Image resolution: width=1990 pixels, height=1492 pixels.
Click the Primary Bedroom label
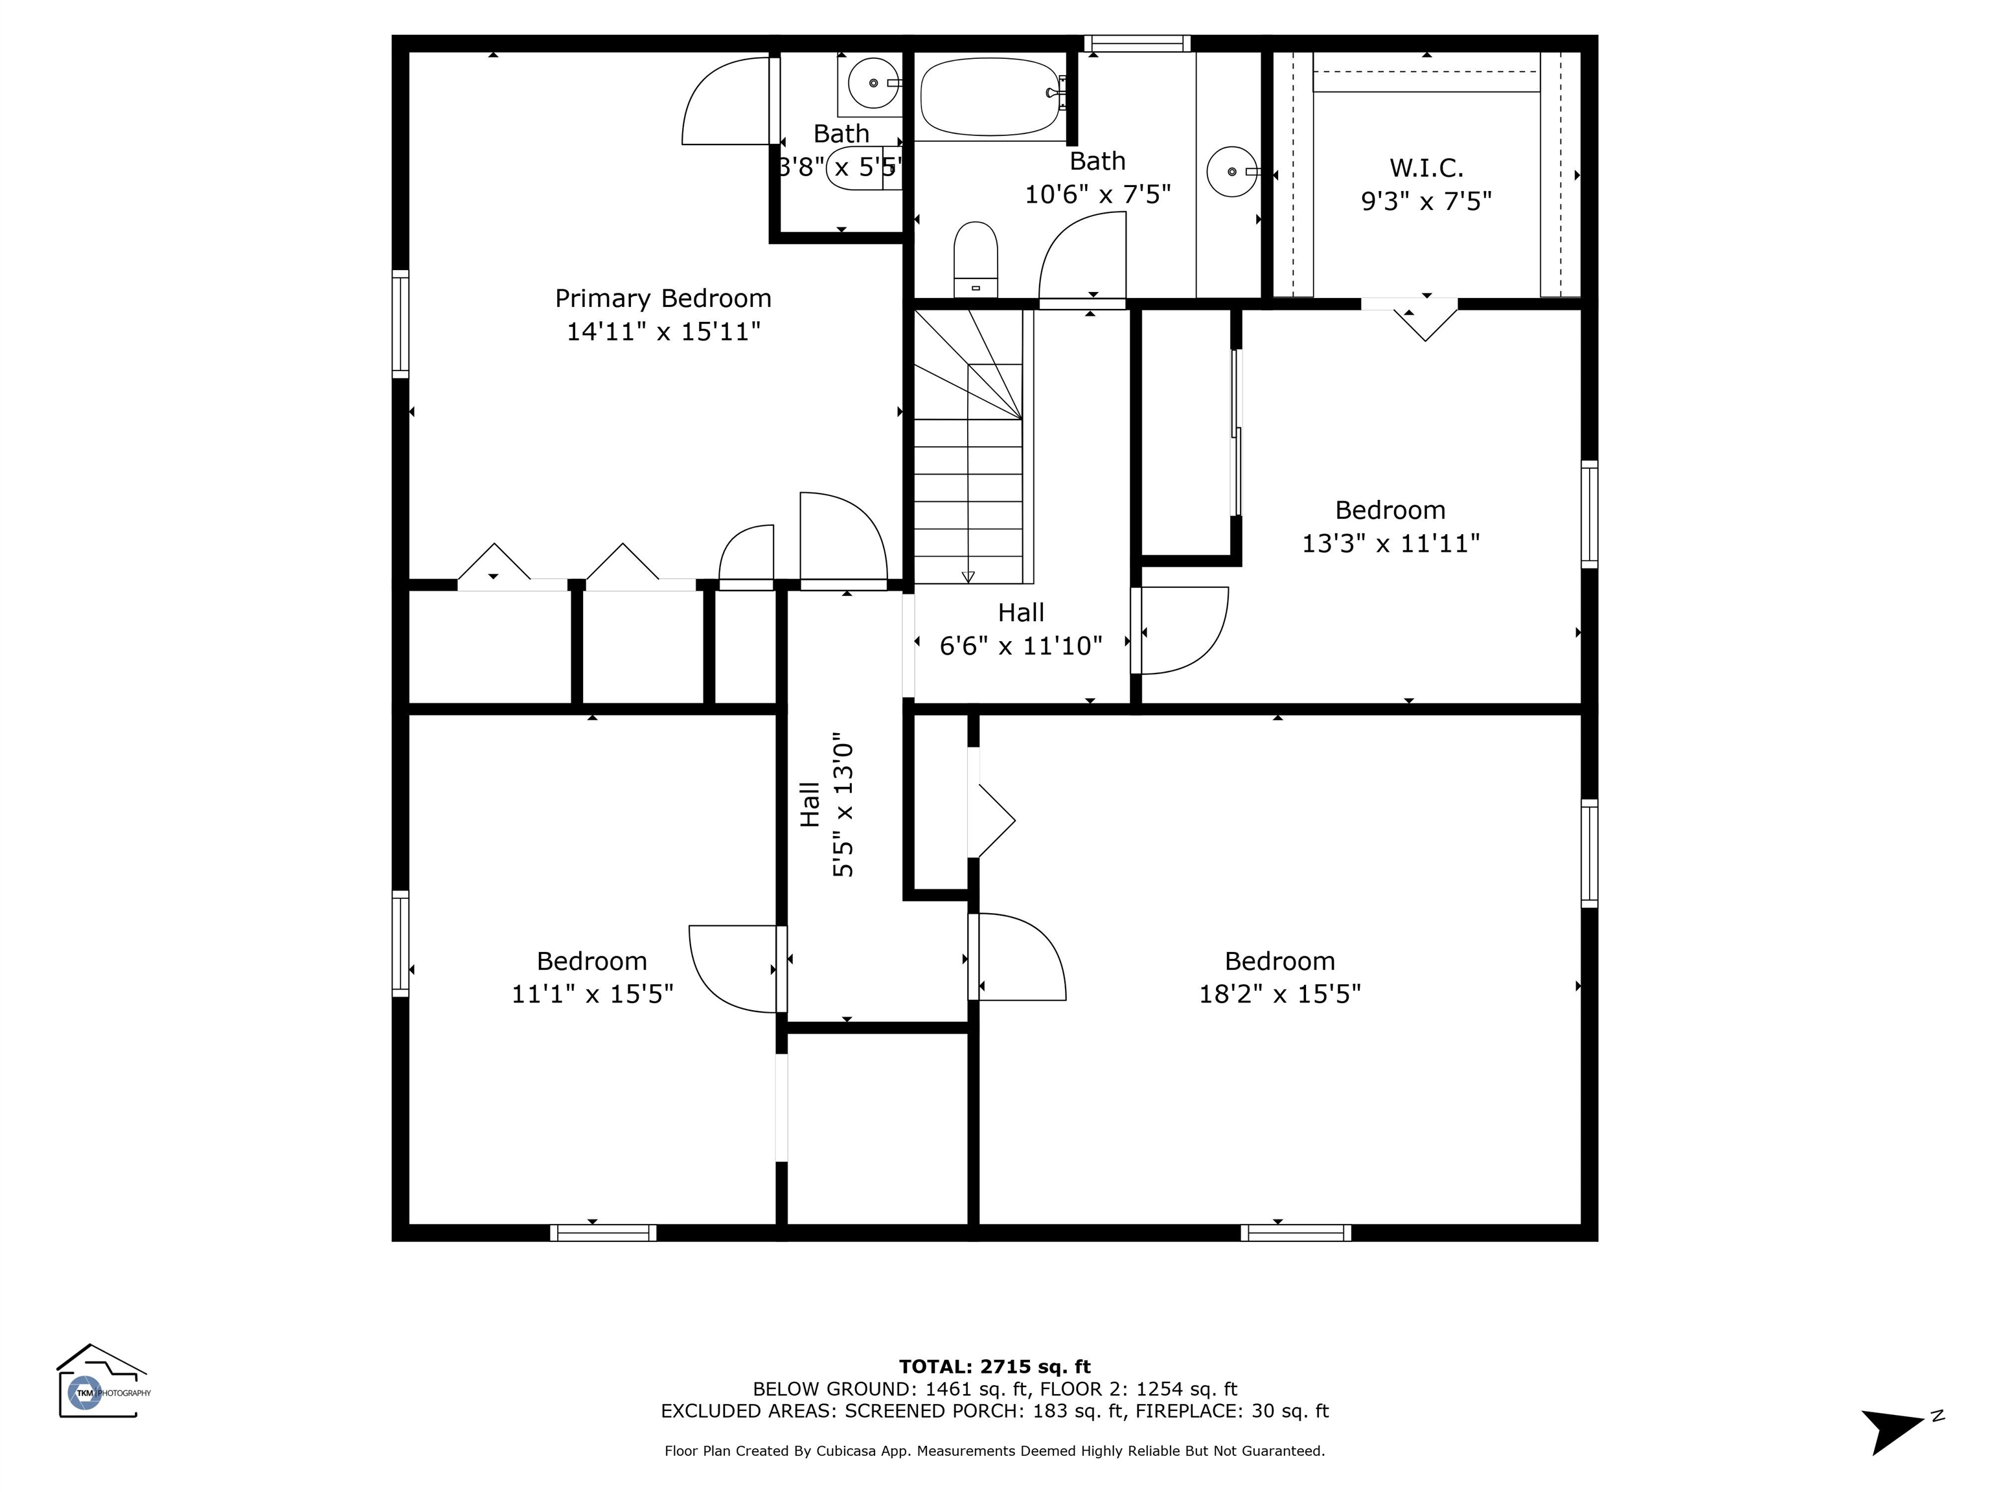point(663,299)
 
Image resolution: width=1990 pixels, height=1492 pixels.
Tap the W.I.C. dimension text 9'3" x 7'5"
point(1426,201)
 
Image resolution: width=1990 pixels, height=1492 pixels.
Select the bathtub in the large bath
point(991,97)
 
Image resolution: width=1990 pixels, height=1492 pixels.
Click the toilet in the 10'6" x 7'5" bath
point(975,259)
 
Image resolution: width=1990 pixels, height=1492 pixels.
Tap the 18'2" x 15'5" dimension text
point(1279,994)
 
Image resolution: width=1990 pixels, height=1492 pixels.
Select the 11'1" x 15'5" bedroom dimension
point(592,994)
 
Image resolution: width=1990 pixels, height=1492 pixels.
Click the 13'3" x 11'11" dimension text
point(1391,543)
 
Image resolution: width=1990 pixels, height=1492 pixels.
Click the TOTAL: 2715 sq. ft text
point(995,1368)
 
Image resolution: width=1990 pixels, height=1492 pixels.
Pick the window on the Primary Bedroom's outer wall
point(400,323)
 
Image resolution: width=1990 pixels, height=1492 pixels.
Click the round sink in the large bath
point(1231,171)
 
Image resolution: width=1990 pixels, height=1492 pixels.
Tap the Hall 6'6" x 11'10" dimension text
point(1021,646)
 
